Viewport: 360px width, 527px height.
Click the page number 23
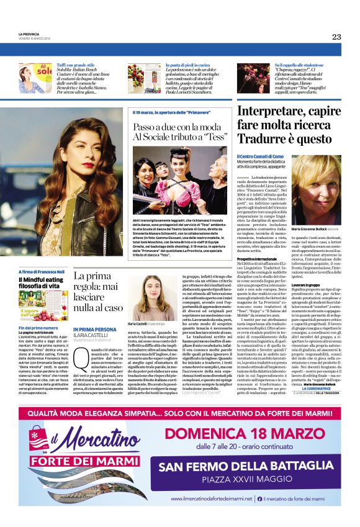tap(336, 37)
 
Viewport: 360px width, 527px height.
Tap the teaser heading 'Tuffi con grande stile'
tap(75, 65)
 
